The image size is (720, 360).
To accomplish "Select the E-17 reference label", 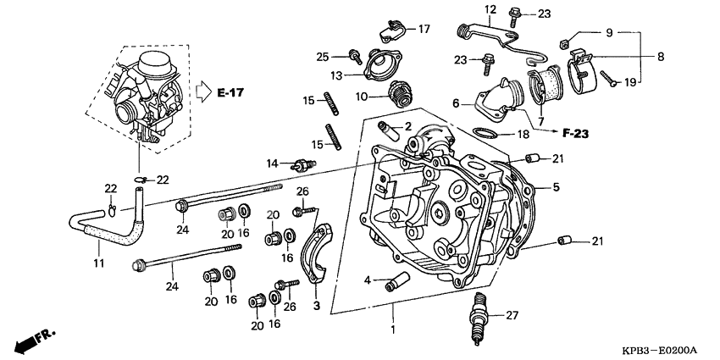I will (230, 91).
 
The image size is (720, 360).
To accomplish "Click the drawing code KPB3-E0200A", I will (657, 348).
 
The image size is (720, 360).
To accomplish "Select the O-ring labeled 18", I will (484, 134).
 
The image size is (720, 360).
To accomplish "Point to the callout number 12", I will (489, 9).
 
